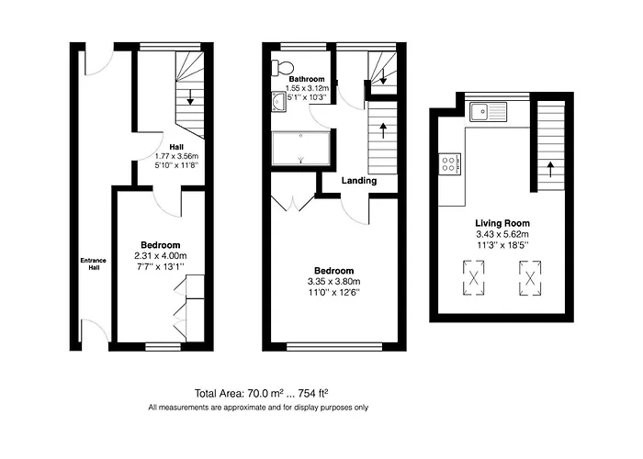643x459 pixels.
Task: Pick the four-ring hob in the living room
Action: [x=450, y=164]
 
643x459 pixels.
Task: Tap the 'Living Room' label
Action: [x=502, y=223]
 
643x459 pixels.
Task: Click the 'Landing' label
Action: [x=358, y=181]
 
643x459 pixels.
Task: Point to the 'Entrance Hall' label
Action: [x=93, y=264]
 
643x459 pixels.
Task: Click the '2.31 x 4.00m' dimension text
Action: [x=160, y=255]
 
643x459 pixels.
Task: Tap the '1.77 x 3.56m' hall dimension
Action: [x=177, y=156]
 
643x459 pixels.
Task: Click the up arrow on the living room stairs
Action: [x=549, y=169]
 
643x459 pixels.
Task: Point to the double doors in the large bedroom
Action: [x=292, y=205]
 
